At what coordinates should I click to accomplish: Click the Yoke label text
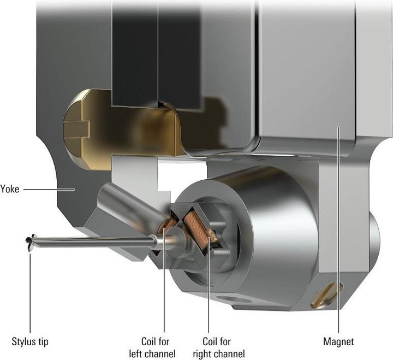pos(9,189)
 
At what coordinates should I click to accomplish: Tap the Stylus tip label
pos(30,341)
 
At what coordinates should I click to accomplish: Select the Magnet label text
pos(338,341)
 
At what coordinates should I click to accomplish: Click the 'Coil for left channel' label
pos(152,347)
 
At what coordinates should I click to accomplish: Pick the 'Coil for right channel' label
pos(219,347)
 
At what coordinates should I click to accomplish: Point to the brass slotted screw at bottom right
pos(326,295)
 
